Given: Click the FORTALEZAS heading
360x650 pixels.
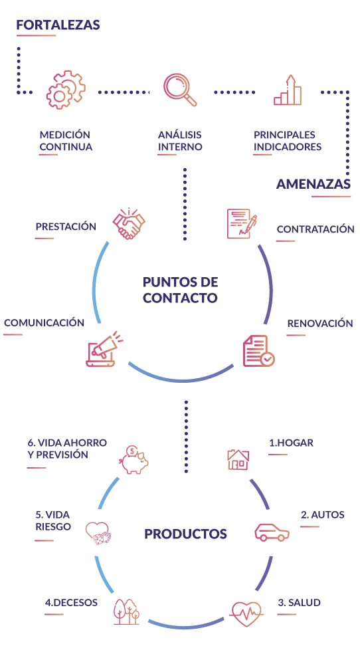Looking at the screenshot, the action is coord(58,25).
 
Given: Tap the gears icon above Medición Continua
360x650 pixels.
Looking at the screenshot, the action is coord(66,90).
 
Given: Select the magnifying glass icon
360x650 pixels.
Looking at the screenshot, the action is coord(180,90).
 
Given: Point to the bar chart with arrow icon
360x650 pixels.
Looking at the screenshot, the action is coord(288,90).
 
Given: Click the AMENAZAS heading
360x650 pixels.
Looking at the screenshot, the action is coord(314,183).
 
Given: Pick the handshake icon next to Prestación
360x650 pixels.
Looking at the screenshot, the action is coord(129,224).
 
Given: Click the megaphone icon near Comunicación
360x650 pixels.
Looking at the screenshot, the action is coord(104,349).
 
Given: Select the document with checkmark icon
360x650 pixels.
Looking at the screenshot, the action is coord(259,351).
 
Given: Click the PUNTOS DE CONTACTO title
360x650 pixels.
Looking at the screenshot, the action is coord(180,290).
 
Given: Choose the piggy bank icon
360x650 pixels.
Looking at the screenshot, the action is coord(134,459).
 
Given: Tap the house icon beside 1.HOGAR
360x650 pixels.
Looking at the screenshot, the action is coord(238,459).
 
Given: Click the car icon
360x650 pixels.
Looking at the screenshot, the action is coord(272,532).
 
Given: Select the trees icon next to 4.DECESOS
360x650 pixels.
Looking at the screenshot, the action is coord(127,611).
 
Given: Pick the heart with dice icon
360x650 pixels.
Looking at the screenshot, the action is coord(98,533).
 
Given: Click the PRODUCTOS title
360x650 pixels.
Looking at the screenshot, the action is coord(185,534).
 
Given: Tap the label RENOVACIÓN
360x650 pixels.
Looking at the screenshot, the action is coord(320,324).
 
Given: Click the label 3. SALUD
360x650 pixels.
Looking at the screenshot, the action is coord(299,603).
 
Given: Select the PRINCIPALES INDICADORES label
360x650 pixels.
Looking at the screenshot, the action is coord(288,141).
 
